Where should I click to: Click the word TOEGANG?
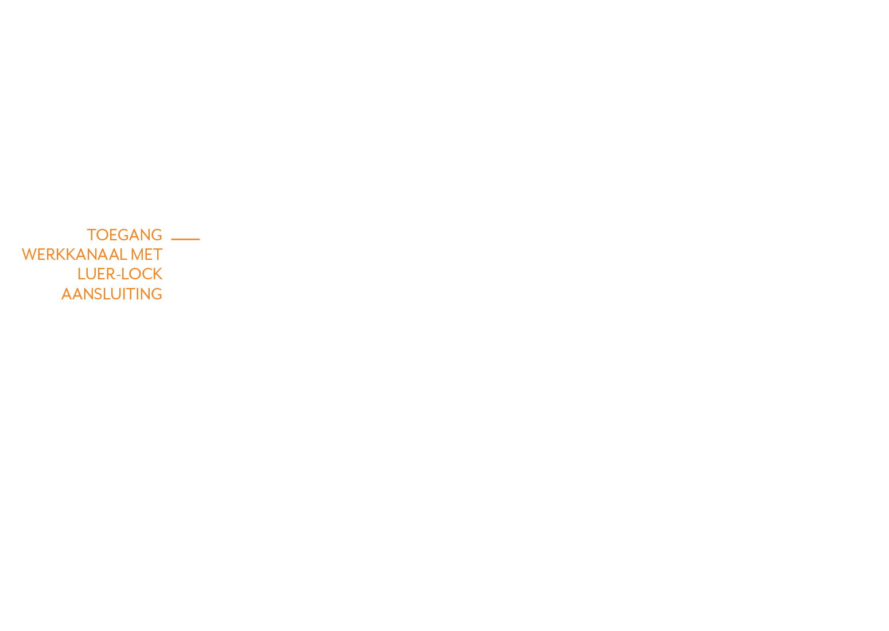(124, 235)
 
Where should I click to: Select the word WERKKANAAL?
(74, 254)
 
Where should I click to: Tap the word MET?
(146, 254)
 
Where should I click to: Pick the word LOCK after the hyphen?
(142, 274)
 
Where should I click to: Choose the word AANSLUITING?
(112, 294)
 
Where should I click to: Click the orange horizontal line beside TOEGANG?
(185, 239)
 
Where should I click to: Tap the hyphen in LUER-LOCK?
(118, 275)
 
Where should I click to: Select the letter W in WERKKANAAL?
(29, 254)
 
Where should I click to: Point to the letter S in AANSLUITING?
(98, 294)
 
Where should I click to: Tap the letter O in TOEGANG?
(102, 235)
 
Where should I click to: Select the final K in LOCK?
(158, 274)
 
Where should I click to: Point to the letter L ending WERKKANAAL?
(123, 254)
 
